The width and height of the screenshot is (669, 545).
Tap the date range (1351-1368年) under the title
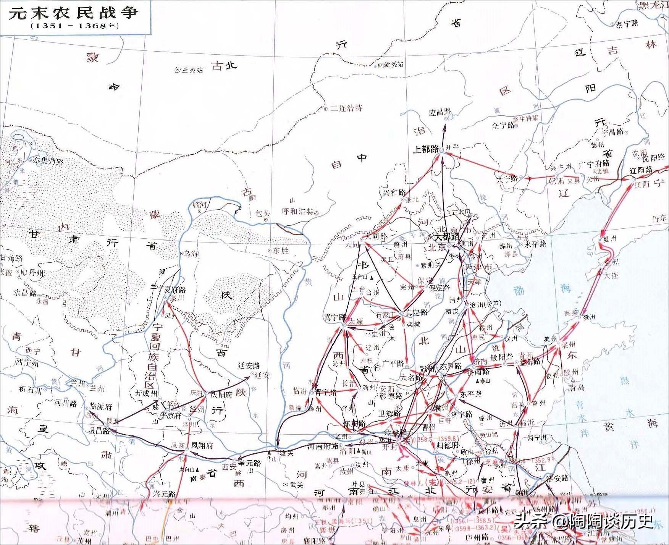point(75,26)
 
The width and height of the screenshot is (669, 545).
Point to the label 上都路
point(426,149)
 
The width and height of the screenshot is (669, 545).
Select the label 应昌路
point(440,112)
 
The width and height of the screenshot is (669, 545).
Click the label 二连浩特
point(346,108)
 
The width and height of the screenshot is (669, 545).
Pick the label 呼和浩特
point(297,211)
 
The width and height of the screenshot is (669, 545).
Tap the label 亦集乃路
point(48,161)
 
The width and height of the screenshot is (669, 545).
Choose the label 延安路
point(249,365)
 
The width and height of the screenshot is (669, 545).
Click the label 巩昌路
point(99,430)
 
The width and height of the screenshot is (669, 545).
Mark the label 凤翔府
point(202,445)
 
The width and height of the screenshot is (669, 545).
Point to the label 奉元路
point(249,463)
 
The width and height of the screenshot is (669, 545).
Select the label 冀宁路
point(334,317)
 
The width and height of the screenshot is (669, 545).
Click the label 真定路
point(417,312)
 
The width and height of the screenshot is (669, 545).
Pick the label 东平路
point(471,394)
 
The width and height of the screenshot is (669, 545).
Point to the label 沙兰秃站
point(189,70)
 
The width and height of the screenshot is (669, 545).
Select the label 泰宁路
point(627,24)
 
